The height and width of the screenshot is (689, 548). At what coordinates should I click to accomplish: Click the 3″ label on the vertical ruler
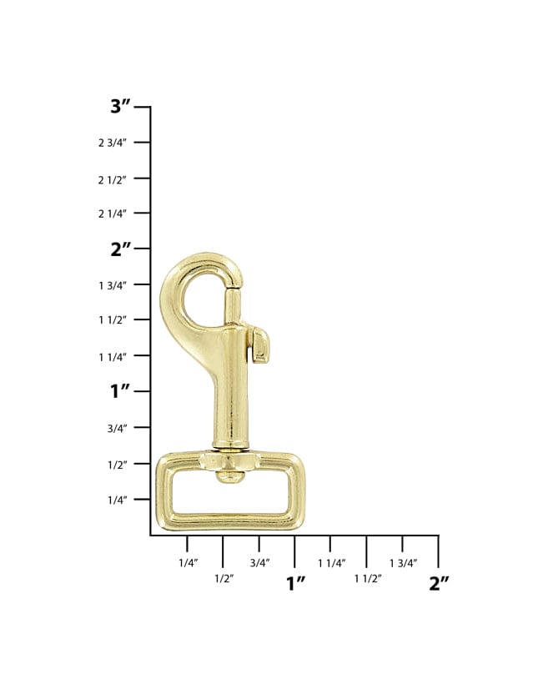tap(120, 106)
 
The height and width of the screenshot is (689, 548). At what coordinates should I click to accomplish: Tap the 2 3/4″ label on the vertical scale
tap(113, 143)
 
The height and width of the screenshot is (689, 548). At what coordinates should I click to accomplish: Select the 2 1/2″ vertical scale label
tap(113, 179)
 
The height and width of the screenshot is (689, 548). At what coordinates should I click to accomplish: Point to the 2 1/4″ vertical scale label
tap(113, 214)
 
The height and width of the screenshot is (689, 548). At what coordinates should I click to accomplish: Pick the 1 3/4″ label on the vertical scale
tap(113, 285)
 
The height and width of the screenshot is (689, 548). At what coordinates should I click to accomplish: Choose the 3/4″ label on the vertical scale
tap(118, 428)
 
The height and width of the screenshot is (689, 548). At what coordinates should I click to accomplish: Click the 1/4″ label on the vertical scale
tap(118, 500)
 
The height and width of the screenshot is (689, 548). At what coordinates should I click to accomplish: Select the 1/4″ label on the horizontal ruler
tap(189, 563)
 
